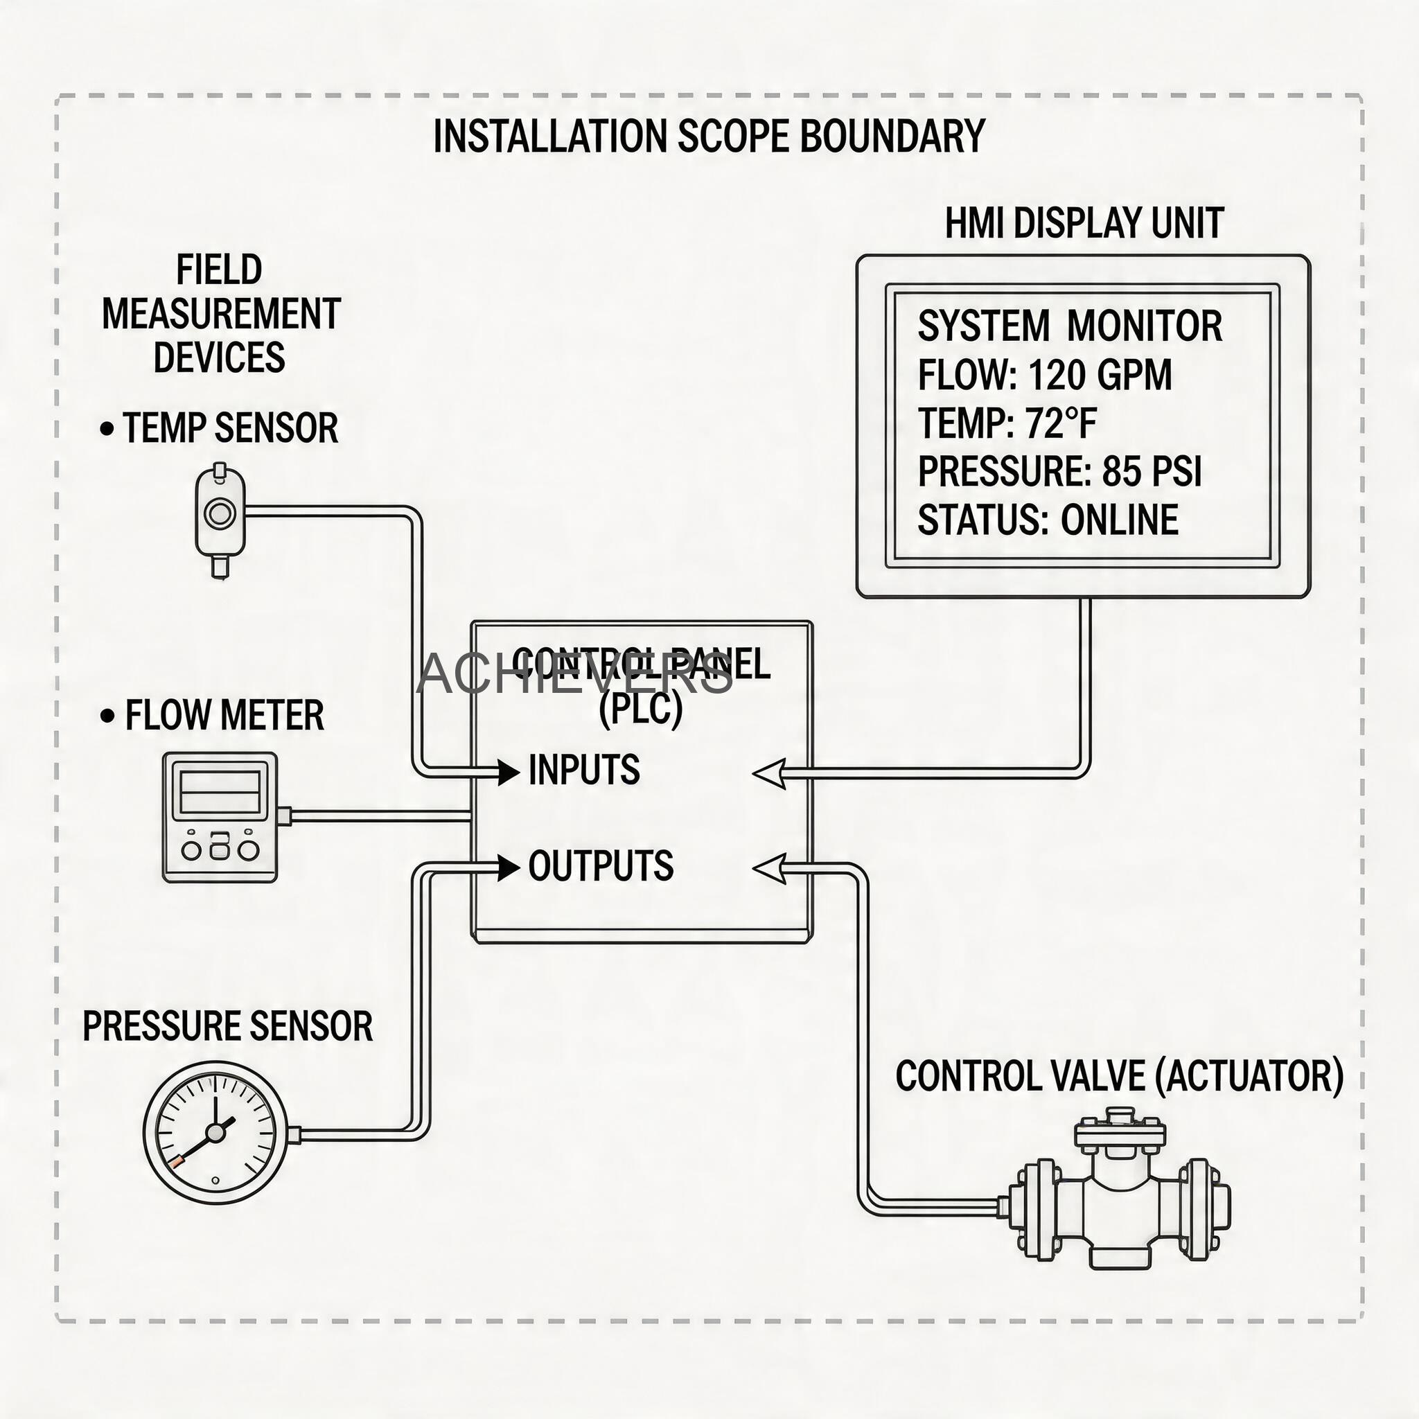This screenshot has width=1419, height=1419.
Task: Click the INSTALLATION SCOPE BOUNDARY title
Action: (709, 136)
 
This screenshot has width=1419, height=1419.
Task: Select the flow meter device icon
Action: (220, 817)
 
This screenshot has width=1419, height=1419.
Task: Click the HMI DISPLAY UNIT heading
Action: (1084, 224)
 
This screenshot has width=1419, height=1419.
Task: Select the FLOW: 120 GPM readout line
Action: (1044, 376)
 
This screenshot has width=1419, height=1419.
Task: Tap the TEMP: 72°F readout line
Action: (1007, 424)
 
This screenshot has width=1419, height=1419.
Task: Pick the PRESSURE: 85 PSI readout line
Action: (1059, 472)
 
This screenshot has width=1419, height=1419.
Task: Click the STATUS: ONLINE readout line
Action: (1048, 520)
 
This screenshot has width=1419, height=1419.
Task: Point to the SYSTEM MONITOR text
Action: (1069, 326)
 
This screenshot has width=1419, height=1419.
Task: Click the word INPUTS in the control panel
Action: (584, 770)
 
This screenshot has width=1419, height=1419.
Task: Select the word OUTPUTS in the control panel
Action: (601, 866)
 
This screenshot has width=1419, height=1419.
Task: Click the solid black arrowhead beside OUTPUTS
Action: (509, 867)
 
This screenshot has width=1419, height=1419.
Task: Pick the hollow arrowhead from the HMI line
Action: (770, 774)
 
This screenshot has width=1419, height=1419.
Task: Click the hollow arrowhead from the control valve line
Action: (770, 869)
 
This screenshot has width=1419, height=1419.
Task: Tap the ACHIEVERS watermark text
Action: (574, 673)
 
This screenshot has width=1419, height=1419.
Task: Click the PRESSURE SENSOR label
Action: (228, 1026)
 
